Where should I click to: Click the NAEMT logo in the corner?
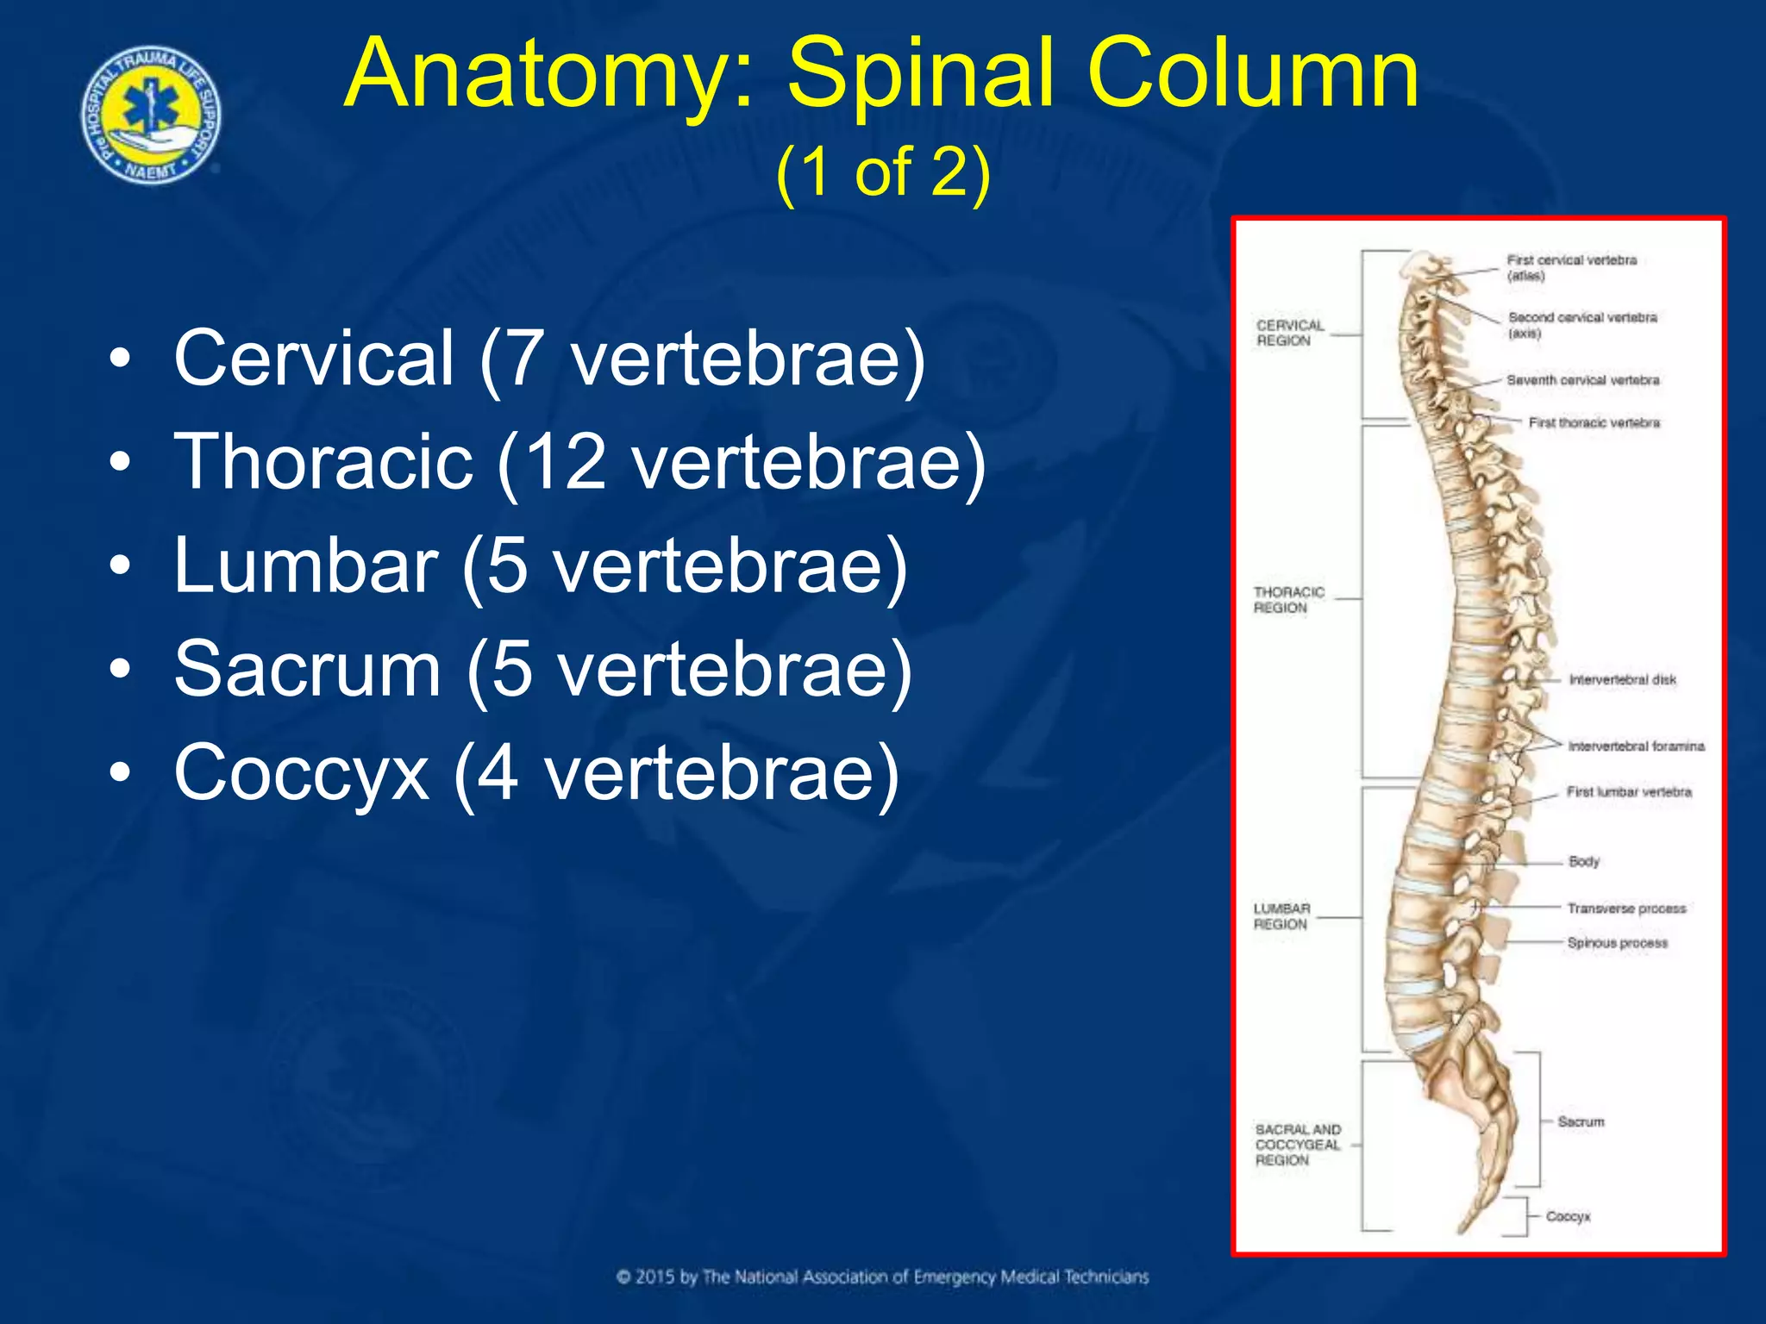(152, 114)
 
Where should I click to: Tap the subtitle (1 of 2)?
(882, 172)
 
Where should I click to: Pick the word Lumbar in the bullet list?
(306, 565)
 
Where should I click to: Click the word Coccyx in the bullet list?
(302, 773)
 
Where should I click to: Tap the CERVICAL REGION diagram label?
(1289, 333)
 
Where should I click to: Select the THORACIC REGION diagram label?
(1288, 600)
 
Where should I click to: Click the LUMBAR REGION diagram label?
(1281, 916)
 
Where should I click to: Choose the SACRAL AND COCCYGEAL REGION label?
(1298, 1145)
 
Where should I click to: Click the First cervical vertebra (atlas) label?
(1570, 267)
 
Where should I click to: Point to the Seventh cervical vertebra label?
(1582, 380)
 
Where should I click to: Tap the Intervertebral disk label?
(1622, 680)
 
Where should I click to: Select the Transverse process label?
(1625, 909)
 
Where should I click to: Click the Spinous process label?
(1617, 943)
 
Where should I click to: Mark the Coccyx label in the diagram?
(1568, 1216)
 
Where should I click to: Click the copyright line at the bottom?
(882, 1277)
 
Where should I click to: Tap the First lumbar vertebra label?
(1628, 792)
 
